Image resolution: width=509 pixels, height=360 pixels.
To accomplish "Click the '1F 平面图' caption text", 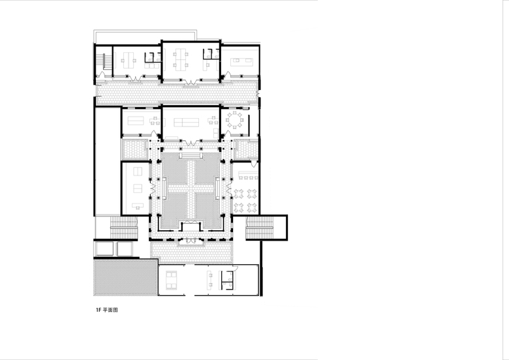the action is (107, 310).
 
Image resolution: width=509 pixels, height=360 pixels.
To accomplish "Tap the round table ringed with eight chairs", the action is (234, 120).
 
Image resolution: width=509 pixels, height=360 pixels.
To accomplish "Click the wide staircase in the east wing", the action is (259, 228).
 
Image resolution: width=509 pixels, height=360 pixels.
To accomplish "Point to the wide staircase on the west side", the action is (124, 228).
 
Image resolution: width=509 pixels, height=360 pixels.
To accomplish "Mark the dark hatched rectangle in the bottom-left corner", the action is (126, 277).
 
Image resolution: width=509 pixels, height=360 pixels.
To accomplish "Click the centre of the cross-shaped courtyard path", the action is (191, 187).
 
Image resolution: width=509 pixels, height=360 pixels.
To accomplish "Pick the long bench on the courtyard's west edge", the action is (164, 188).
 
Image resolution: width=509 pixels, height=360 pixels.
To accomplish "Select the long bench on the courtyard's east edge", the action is (217, 188).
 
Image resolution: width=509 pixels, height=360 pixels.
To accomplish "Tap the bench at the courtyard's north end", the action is (191, 156).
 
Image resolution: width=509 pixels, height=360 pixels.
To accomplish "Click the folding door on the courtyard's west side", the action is (151, 188).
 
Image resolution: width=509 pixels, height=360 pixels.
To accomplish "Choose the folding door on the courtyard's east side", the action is (230, 188).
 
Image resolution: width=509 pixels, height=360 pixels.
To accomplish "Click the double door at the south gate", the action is (191, 240).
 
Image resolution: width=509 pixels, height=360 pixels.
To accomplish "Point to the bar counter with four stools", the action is (248, 175).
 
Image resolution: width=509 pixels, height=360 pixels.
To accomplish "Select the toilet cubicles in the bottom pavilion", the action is (228, 280).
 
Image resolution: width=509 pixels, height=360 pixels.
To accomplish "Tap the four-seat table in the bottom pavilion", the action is (171, 280).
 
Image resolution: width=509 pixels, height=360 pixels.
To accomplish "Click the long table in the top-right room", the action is (241, 61).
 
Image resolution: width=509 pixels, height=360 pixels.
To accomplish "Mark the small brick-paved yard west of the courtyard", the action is (134, 149).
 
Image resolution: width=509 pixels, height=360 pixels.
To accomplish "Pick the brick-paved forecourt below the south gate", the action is (191, 252).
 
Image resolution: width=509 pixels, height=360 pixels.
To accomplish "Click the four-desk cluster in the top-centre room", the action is (179, 60).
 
